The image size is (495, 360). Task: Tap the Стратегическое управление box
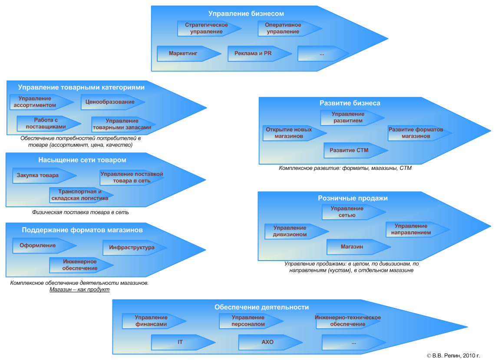[207, 28]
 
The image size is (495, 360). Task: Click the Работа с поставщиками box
[46, 123]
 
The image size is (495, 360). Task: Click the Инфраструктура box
[132, 248]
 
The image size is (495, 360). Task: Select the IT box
[180, 342]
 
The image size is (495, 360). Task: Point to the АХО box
[267, 342]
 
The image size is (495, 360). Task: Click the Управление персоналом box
[248, 321]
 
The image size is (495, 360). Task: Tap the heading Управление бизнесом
[246, 14]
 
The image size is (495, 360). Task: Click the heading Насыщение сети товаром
[82, 160]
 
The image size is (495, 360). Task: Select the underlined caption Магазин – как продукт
[79, 290]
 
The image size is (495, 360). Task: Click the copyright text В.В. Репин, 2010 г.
[453, 355]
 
